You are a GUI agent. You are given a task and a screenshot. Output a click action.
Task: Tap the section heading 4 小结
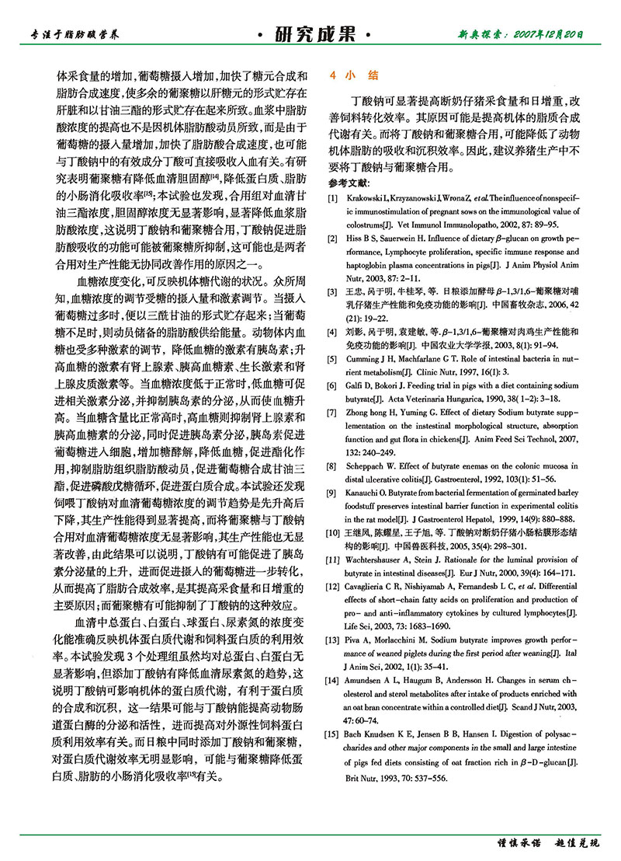(x=354, y=76)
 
